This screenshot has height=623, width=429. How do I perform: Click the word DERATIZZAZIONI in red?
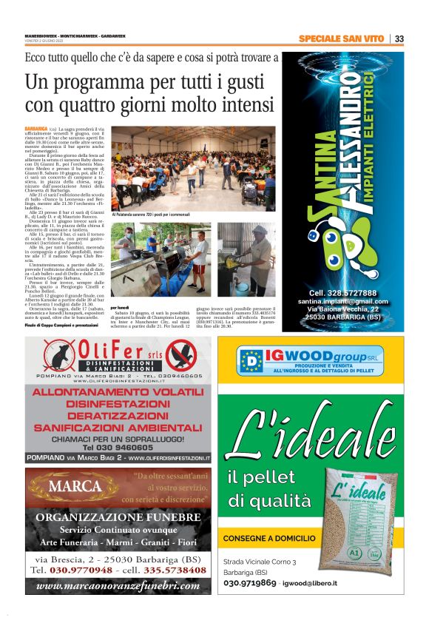120,416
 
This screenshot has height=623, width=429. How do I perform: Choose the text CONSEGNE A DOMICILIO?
268,538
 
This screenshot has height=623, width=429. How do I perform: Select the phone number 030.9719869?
251,583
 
